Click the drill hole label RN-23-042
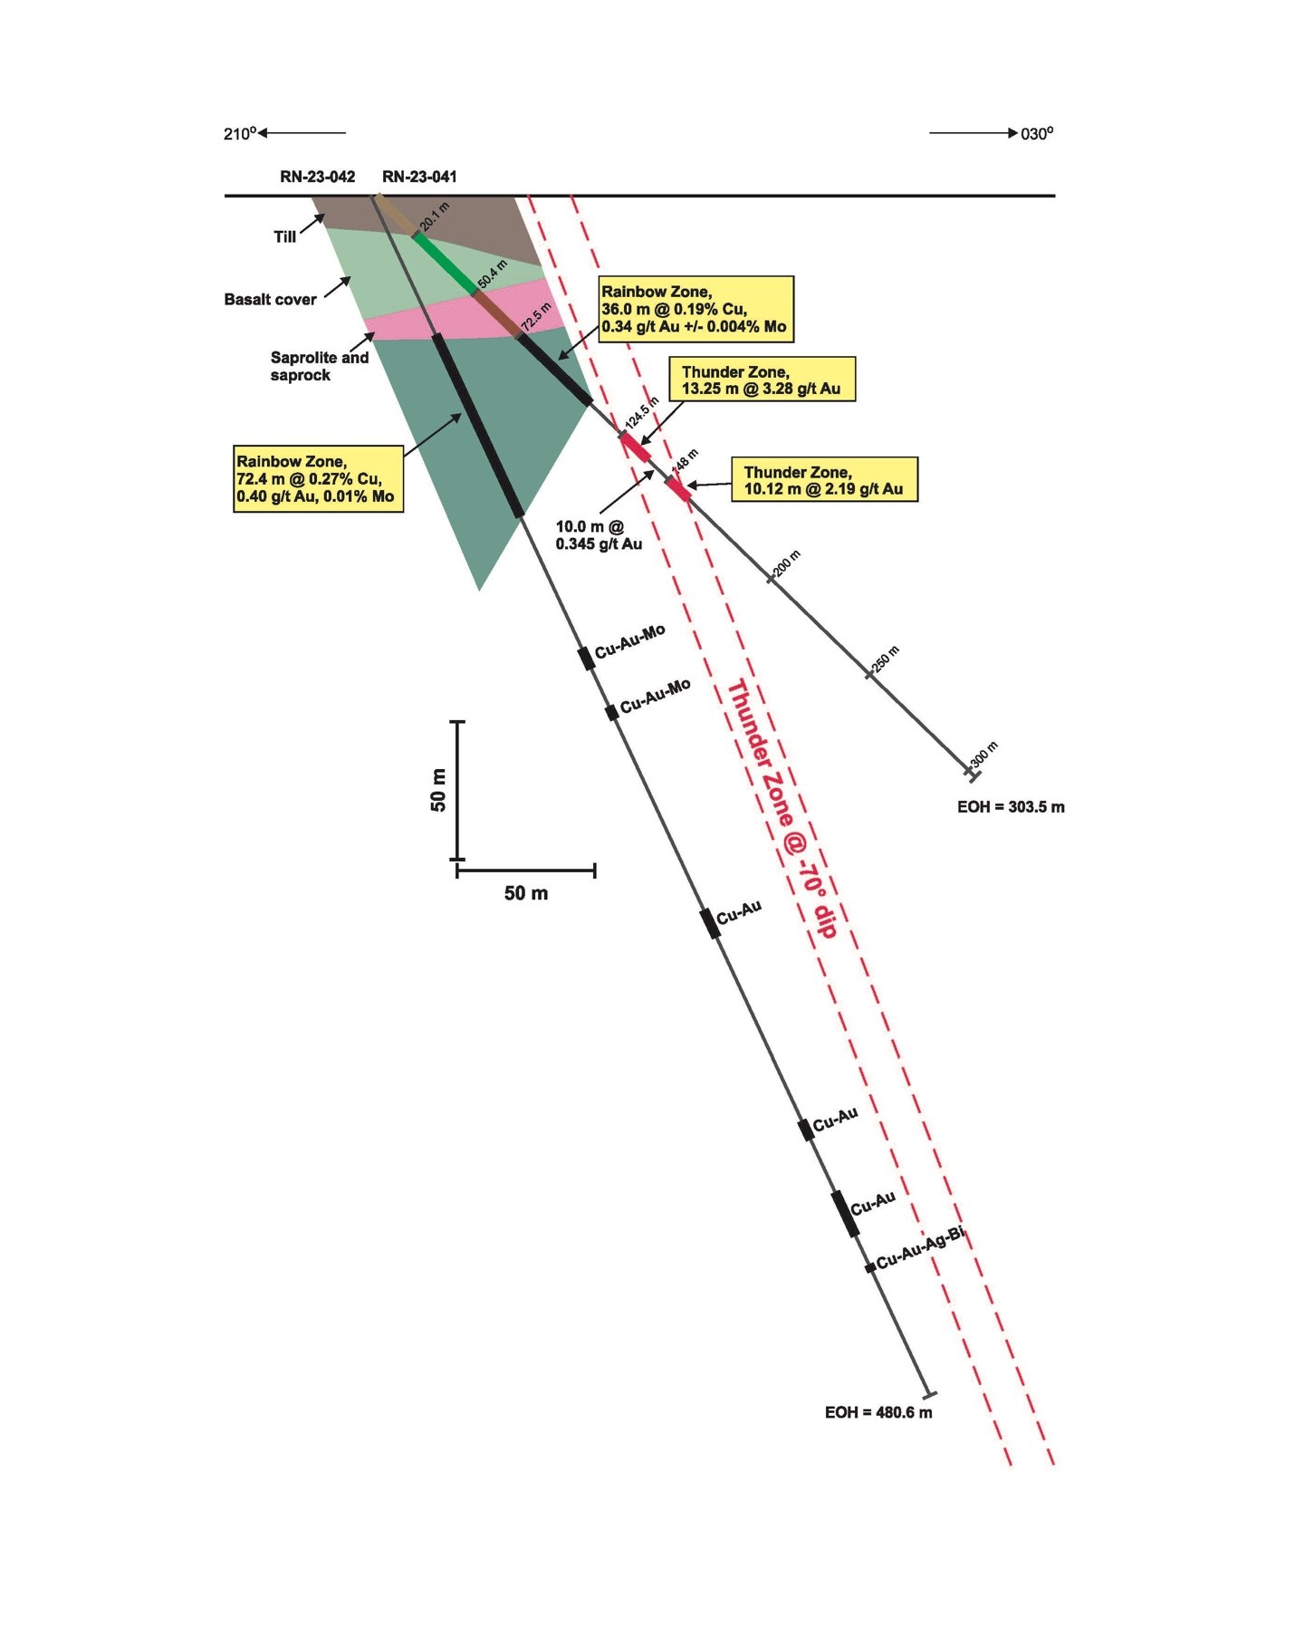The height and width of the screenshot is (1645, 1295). click(317, 177)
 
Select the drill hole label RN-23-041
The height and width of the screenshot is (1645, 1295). click(419, 177)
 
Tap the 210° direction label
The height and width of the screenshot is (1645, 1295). click(240, 134)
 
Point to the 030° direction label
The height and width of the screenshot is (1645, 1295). click(1037, 134)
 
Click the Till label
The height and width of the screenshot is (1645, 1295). click(285, 237)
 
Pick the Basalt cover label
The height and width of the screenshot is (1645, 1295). click(270, 300)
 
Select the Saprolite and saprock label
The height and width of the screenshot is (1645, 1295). click(319, 366)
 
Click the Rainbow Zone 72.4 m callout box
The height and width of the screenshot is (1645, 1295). click(318, 479)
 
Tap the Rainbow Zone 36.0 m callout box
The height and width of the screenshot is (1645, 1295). click(695, 309)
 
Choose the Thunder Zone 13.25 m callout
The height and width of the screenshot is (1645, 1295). click(761, 380)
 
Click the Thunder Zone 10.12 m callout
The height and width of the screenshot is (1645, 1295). click(823, 480)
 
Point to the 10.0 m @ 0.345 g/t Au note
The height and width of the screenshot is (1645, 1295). click(599, 534)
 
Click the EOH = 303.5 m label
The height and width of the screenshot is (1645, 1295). click(1011, 806)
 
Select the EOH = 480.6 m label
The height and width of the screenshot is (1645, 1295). click(878, 1411)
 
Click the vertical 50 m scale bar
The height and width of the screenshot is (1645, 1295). click(457, 790)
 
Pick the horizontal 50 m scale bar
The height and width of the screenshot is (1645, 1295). click(525, 871)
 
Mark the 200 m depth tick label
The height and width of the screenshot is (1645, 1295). click(786, 564)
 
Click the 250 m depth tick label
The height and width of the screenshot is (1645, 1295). click(885, 661)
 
